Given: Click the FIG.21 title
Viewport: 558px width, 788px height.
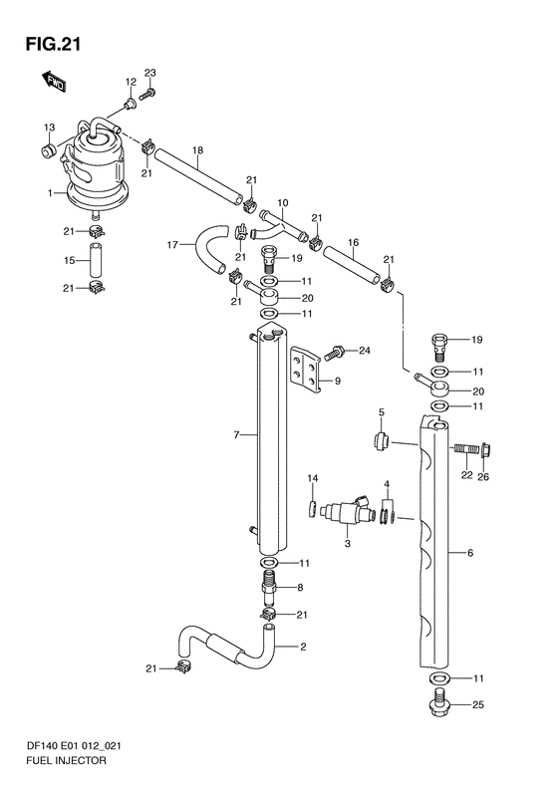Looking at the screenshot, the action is pyautogui.click(x=53, y=44).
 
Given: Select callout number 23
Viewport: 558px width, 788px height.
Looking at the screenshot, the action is pyautogui.click(x=149, y=73).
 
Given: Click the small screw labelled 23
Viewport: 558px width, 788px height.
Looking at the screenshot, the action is pyautogui.click(x=147, y=94).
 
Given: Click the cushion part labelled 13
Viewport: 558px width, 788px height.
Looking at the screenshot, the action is pyautogui.click(x=49, y=149).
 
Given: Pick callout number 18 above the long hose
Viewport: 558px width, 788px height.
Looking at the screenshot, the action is pyautogui.click(x=197, y=149).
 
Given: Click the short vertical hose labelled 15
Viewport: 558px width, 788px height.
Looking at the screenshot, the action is pyautogui.click(x=96, y=260).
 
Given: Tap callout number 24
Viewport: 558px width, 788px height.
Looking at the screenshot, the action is pyautogui.click(x=365, y=351).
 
